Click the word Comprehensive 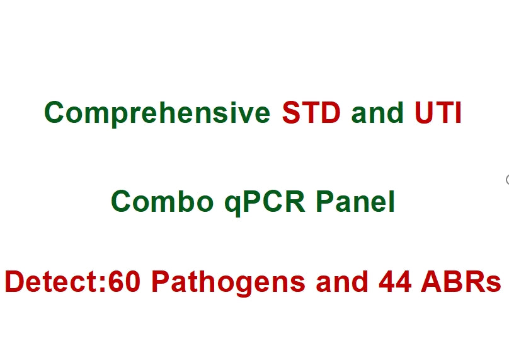click(158, 113)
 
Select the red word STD click(311, 113)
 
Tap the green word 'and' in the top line click(377, 113)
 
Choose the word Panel click(355, 202)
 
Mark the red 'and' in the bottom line click(343, 282)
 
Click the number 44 click(396, 282)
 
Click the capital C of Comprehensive click(55, 113)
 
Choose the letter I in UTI click(459, 113)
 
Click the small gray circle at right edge click(508, 180)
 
